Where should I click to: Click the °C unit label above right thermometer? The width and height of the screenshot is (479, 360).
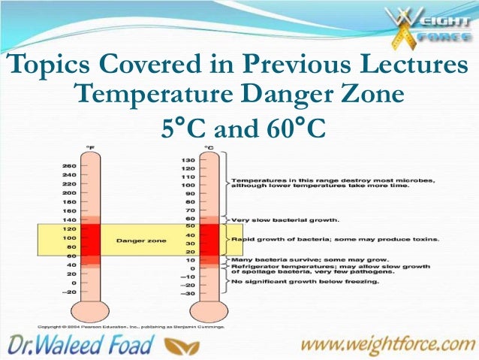(209, 147)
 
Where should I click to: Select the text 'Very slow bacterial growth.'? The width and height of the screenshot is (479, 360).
(285, 220)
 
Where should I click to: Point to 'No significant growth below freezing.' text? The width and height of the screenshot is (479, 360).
(305, 283)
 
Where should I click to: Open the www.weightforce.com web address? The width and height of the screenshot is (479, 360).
(390, 345)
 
